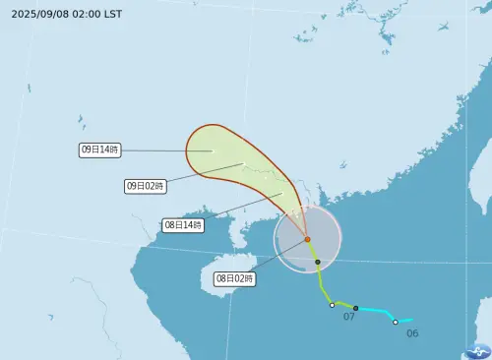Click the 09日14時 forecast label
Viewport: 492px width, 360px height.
point(99,150)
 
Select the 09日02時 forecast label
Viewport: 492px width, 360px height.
point(145,185)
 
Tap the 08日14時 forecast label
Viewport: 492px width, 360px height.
point(183,225)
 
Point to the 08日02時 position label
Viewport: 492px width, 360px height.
point(235,279)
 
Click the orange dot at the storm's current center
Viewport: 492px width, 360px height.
point(307,239)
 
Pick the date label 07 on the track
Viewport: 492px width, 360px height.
point(348,317)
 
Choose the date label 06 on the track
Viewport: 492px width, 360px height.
point(412,333)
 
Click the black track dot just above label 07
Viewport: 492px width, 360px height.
point(355,308)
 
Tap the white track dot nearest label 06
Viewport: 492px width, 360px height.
point(396,322)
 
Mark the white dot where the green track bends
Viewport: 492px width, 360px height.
point(332,305)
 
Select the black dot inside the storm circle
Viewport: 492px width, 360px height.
point(318,262)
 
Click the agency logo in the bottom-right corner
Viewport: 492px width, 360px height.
point(478,349)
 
